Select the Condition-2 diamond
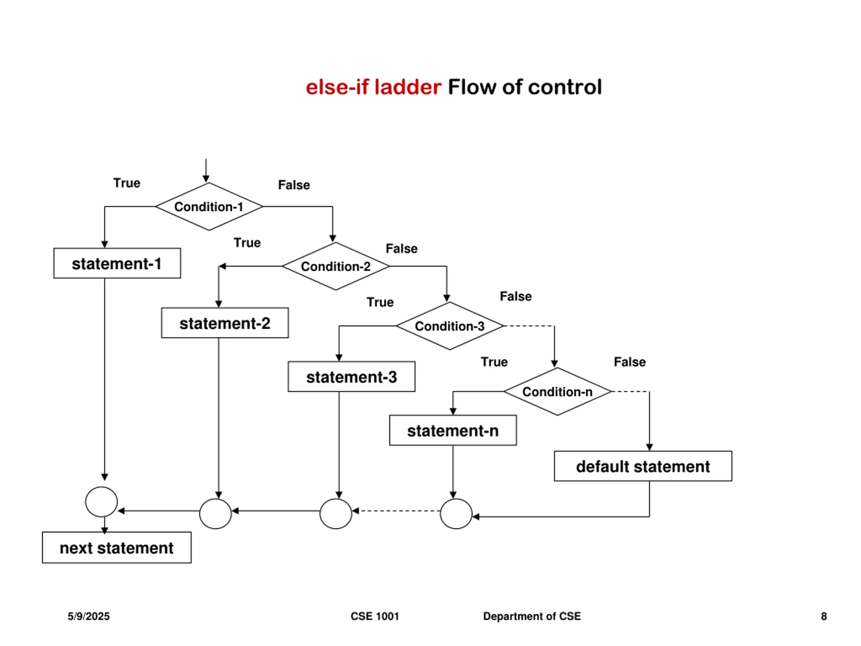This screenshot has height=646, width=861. tap(336, 266)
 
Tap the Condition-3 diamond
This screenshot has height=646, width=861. tap(450, 326)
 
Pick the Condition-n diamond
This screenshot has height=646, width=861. tap(557, 391)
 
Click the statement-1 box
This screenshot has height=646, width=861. tap(117, 263)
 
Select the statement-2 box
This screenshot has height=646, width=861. tap(225, 323)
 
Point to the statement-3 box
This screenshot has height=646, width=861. tap(351, 376)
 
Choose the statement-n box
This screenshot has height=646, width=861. tap(453, 430)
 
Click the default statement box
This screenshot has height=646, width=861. tap(643, 466)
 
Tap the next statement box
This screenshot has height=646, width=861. tap(117, 547)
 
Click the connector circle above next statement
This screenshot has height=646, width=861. tap(101, 502)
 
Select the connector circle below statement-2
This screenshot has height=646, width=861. tap(215, 514)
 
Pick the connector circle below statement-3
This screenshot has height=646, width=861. tap(336, 514)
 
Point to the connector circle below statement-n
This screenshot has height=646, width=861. tap(456, 514)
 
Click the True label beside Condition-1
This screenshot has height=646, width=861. tap(127, 183)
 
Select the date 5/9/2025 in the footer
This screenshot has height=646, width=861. tap(89, 616)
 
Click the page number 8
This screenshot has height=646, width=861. tap(824, 616)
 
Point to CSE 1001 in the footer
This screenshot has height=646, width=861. tap(375, 616)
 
